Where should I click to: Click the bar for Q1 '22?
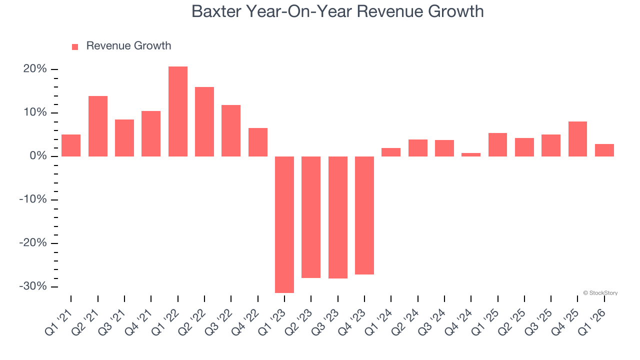(x=178, y=111)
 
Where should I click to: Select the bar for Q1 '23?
(x=284, y=224)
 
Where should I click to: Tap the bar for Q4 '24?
(x=471, y=154)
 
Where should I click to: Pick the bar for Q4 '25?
(x=577, y=139)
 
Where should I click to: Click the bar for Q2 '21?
(x=98, y=126)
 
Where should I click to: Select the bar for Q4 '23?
(x=364, y=215)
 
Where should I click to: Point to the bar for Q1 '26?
(x=604, y=150)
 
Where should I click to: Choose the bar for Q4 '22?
(x=258, y=142)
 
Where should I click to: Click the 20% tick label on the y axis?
(x=35, y=69)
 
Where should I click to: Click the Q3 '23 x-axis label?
(x=325, y=322)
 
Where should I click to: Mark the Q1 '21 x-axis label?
(x=58, y=322)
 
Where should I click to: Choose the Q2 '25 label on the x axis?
(x=512, y=322)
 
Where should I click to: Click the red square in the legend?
(x=75, y=46)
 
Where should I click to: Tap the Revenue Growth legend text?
(x=128, y=46)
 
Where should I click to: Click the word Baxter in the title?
(x=215, y=11)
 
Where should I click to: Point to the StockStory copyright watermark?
(x=600, y=293)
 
